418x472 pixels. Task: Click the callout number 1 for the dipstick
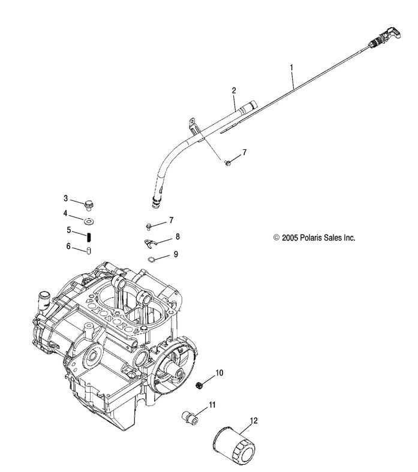pos(292,68)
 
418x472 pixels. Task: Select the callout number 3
pos(66,198)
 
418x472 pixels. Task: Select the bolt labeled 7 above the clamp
pos(149,226)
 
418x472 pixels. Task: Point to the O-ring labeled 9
pos(153,259)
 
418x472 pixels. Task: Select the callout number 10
pos(219,373)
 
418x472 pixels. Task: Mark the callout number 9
pos(176,254)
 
